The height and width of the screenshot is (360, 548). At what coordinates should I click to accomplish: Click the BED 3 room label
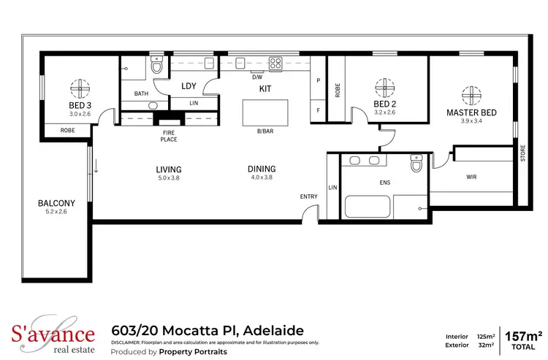(x=80, y=105)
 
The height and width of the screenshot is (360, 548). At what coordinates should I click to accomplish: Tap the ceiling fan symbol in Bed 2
(x=384, y=88)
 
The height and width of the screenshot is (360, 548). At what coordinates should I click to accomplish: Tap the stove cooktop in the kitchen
(x=277, y=63)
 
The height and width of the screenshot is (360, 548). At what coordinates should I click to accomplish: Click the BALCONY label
(x=57, y=203)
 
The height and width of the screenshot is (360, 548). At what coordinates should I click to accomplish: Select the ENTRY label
(x=309, y=197)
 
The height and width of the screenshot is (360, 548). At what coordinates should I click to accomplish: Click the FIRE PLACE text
(x=170, y=136)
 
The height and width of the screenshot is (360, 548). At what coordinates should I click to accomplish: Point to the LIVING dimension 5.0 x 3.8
(x=169, y=177)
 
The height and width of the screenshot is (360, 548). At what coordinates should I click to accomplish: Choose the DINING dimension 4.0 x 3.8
(x=262, y=177)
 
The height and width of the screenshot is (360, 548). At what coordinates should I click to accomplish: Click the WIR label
(x=472, y=177)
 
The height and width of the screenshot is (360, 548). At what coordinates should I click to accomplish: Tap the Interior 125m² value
(x=483, y=337)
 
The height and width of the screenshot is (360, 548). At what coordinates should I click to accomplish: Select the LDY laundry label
(x=189, y=86)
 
